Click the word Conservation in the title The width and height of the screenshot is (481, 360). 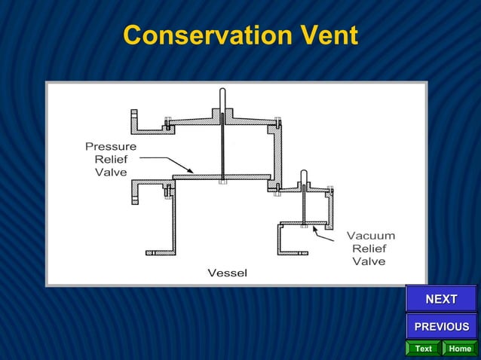(x=198, y=35)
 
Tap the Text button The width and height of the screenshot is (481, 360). (x=423, y=349)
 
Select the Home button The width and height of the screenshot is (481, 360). (x=459, y=349)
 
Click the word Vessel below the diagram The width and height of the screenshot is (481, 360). (x=227, y=272)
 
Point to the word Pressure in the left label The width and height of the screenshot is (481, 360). (x=111, y=146)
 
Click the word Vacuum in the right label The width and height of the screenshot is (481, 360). (x=370, y=236)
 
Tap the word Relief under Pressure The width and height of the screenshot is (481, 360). (x=111, y=159)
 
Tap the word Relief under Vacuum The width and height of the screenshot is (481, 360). (x=369, y=249)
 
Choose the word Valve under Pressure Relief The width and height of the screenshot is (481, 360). (x=111, y=172)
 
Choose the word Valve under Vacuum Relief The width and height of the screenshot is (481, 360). (x=369, y=261)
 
